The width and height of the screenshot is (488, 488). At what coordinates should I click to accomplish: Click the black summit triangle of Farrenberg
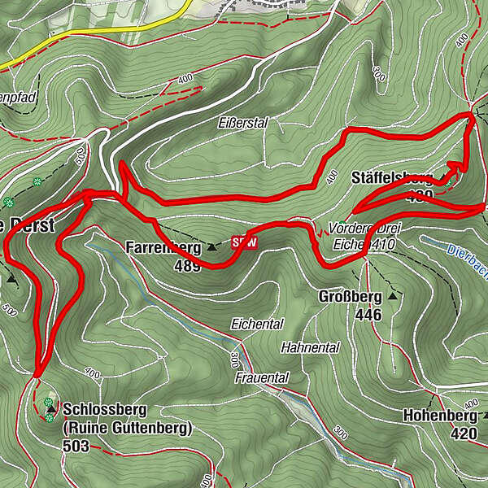[211, 246]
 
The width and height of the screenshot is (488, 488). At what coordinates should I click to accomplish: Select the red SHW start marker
[244, 242]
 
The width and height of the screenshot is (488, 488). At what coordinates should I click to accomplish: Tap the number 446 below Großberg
[373, 315]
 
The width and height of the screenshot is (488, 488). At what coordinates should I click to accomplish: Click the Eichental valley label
[256, 324]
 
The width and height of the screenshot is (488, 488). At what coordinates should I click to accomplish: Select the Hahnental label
[310, 347]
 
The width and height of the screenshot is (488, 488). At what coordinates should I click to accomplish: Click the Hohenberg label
[439, 416]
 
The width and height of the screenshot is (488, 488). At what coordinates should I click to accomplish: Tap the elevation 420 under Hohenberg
[463, 434]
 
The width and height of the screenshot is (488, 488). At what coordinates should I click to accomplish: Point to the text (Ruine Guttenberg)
[126, 427]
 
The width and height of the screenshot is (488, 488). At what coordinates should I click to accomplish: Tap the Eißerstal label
[242, 123]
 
